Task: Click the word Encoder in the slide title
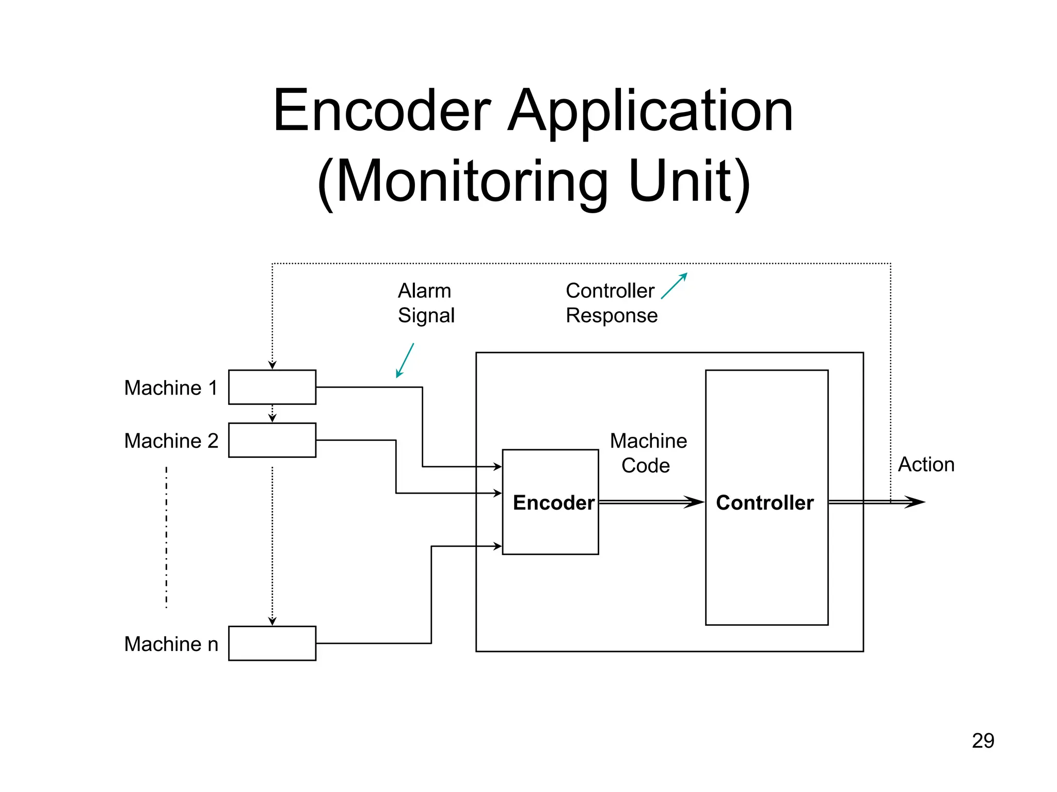tap(382, 111)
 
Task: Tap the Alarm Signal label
tap(426, 303)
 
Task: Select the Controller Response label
tap(611, 303)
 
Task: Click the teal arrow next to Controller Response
tap(674, 286)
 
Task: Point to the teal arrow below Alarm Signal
tap(405, 360)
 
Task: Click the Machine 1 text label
tap(171, 388)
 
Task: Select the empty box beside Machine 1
tap(272, 387)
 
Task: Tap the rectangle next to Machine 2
tap(272, 440)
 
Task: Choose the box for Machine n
tap(272, 643)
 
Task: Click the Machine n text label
tap(171, 644)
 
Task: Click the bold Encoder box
tap(551, 502)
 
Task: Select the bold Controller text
tap(764, 502)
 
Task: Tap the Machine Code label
tap(648, 453)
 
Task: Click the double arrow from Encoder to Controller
tap(650, 502)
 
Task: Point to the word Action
tap(926, 464)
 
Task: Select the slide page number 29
tap(983, 741)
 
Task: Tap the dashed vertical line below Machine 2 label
tap(166, 537)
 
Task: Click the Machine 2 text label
tap(171, 441)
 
